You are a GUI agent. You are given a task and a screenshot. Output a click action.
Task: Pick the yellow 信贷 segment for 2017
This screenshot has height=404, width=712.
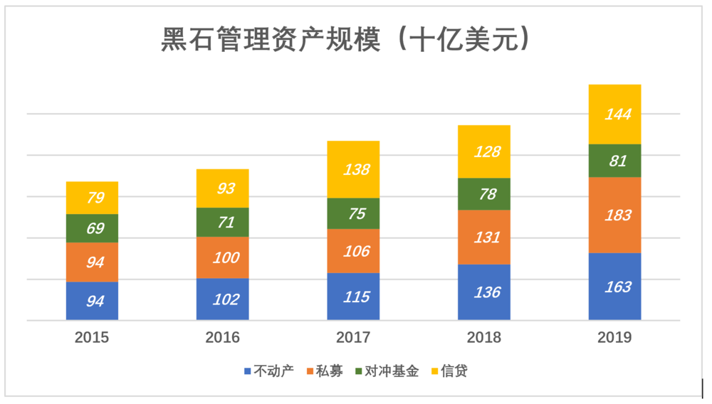[354, 169]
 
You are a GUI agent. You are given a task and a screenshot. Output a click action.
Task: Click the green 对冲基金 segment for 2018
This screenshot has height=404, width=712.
[484, 194]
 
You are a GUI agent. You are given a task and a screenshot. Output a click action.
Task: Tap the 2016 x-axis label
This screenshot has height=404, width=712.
[223, 337]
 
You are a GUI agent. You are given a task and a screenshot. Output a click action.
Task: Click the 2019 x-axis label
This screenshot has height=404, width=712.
[614, 337]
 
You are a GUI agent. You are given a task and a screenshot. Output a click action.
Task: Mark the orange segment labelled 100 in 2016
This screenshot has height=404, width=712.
[223, 257]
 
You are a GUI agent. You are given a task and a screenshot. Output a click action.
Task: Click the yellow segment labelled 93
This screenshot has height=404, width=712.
[223, 188]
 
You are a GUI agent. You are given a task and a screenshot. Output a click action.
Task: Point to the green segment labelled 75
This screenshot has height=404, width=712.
[354, 213]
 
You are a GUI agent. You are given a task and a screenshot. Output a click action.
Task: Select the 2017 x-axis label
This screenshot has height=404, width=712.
[353, 337]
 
